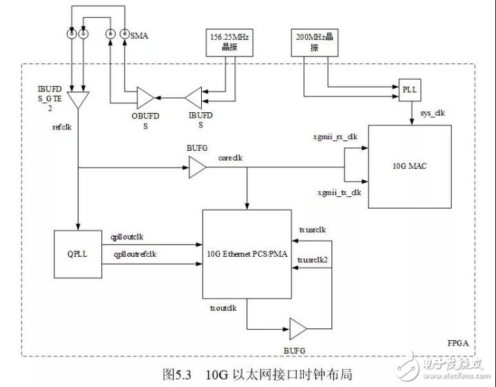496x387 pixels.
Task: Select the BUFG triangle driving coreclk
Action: (198, 167)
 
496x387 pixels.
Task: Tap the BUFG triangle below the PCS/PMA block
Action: (298, 328)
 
